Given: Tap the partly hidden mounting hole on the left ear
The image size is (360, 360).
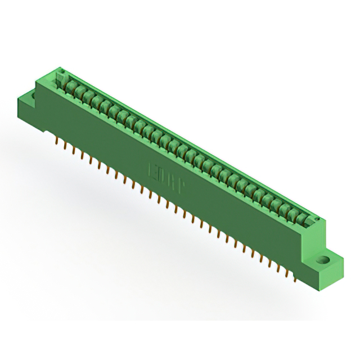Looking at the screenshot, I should click(x=32, y=96).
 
